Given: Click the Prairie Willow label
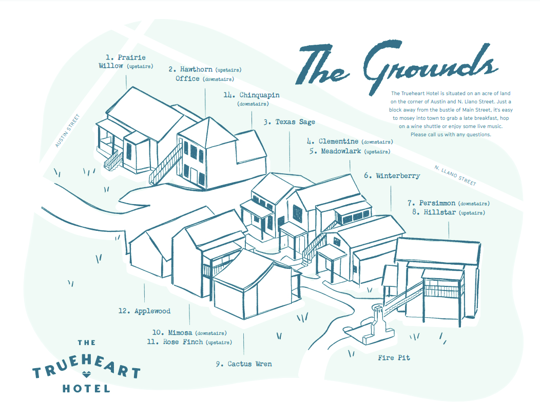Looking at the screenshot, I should tap(126, 61).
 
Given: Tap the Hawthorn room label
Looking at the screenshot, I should tap(196, 69).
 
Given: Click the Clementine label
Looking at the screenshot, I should tap(339, 141).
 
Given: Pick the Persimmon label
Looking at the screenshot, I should tap(437, 203).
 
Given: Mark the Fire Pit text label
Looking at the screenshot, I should tap(394, 357).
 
